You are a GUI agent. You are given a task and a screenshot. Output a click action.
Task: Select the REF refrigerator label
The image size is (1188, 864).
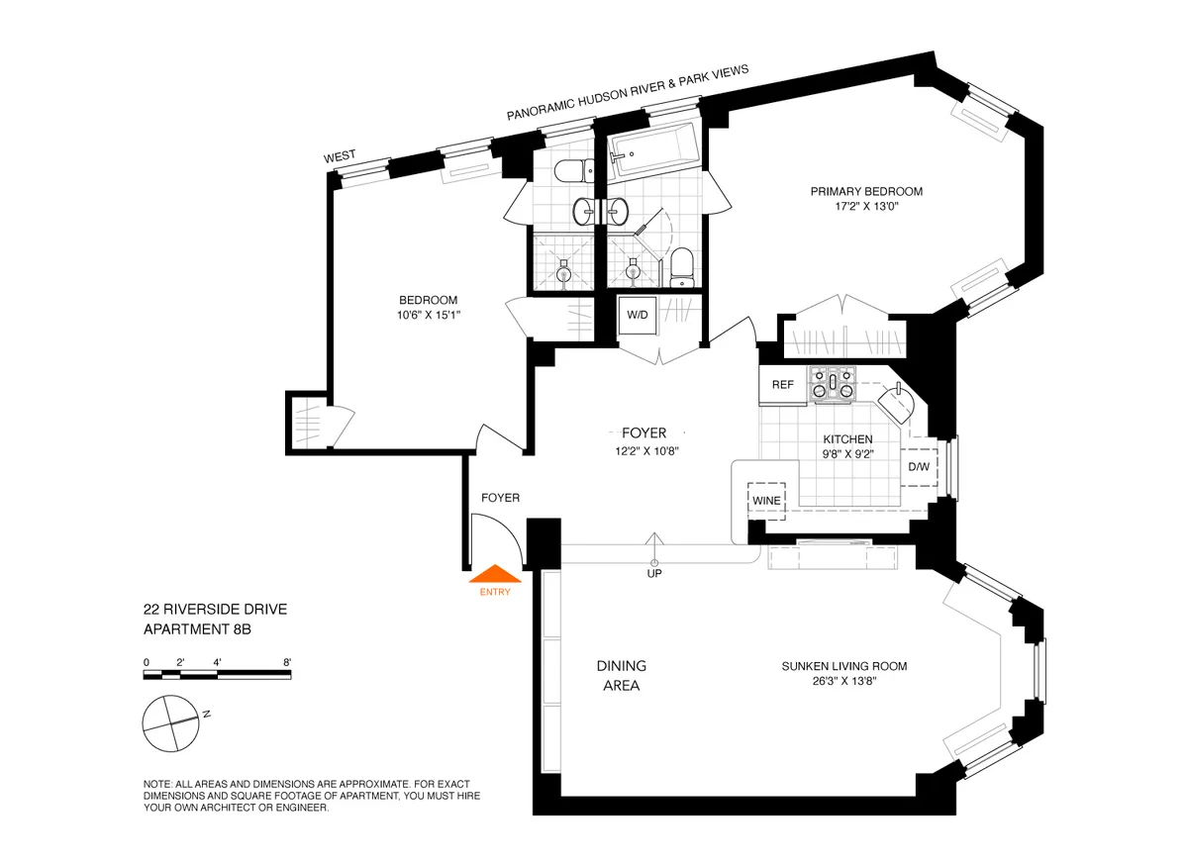[782, 385]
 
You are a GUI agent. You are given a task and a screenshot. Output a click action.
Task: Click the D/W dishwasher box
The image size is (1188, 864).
[918, 467]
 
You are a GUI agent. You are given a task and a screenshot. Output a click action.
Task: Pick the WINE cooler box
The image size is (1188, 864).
[767, 501]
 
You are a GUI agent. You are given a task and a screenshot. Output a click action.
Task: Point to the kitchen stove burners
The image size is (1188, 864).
[832, 384]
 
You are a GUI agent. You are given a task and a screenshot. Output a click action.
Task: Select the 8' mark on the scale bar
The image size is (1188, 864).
[287, 662]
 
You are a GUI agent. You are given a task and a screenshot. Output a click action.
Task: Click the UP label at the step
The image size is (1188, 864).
[653, 573]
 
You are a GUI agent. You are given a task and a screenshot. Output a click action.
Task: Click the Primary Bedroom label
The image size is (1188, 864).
[866, 192]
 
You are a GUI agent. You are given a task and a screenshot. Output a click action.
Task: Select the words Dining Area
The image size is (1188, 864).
[621, 675]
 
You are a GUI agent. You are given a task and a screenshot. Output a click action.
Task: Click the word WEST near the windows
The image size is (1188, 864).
[340, 156]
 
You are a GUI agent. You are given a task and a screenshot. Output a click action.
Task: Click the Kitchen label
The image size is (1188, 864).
[848, 439]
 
